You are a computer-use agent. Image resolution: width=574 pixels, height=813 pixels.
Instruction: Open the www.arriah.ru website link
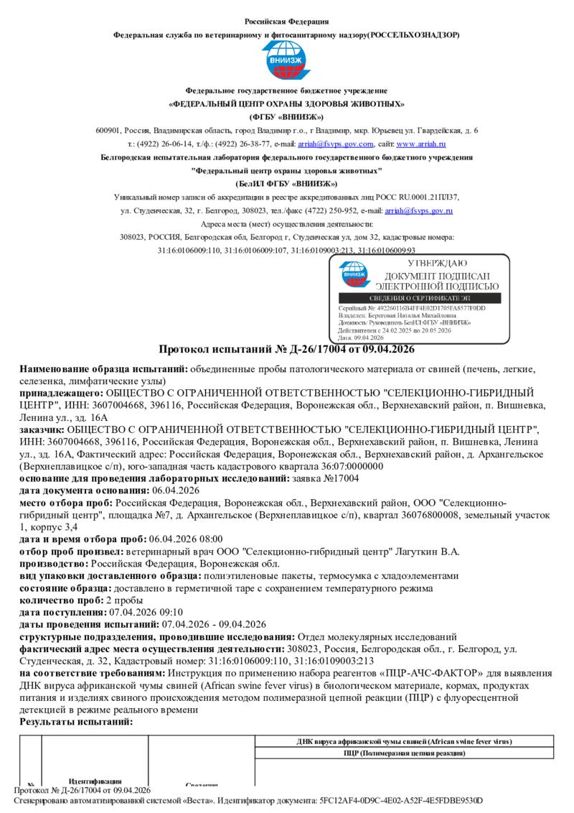[427, 143]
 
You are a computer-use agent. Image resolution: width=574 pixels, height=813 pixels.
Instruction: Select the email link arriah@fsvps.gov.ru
[419, 210]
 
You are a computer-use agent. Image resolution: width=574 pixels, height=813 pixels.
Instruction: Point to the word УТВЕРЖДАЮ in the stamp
[428, 264]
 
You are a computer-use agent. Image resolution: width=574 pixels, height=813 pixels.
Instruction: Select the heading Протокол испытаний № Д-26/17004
[286, 350]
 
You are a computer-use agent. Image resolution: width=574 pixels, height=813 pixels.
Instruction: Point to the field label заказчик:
[42, 429]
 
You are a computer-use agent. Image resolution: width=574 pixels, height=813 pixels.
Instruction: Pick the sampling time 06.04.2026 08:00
[185, 539]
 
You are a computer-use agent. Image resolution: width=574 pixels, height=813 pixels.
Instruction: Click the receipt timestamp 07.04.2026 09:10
[146, 612]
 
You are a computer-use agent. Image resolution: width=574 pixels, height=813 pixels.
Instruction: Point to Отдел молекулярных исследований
[377, 636]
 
